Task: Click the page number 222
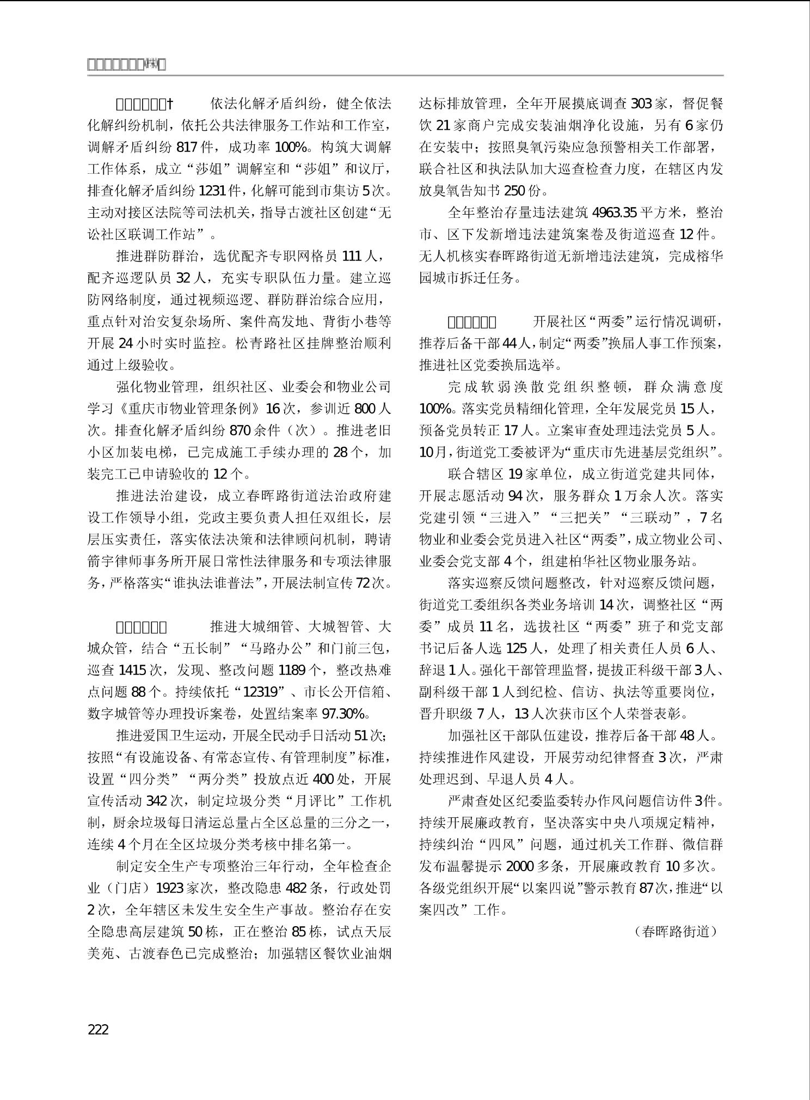[x=98, y=1029]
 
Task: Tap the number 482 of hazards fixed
[x=296, y=888]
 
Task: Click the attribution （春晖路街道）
[x=676, y=931]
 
